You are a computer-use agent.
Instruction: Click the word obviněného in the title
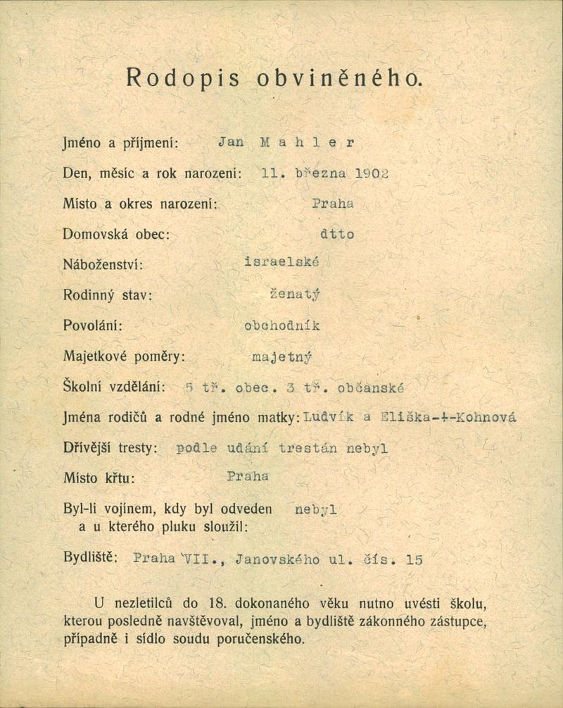[340, 77]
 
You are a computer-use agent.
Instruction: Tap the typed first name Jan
[231, 142]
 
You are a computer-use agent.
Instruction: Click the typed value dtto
[337, 234]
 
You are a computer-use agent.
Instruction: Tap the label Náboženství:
[103, 265]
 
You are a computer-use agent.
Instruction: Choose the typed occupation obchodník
[281, 325]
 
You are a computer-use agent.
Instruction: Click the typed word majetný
[281, 356]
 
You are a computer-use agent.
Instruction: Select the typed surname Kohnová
[486, 417]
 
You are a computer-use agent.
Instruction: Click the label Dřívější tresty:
[110, 448]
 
